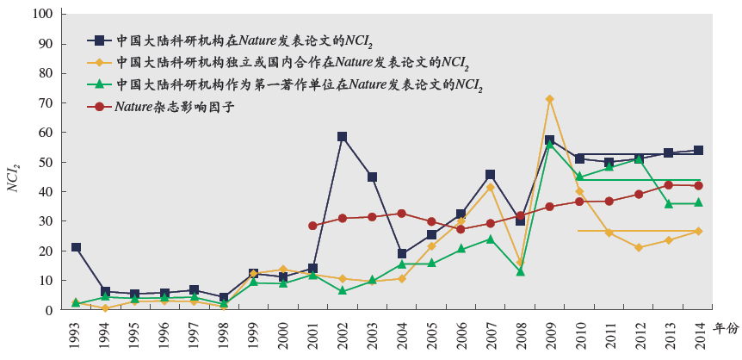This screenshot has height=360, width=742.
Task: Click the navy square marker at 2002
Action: click(x=343, y=137)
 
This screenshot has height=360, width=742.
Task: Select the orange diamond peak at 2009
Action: click(x=549, y=99)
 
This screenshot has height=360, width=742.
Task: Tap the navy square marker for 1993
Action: click(x=77, y=247)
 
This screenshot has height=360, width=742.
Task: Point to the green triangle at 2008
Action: click(x=520, y=271)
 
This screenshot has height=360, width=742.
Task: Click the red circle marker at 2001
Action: click(x=312, y=226)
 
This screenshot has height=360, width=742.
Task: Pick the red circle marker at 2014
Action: click(x=698, y=185)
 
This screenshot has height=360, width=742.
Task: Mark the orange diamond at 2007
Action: click(x=490, y=187)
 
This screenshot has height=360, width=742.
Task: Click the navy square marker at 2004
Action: click(x=402, y=254)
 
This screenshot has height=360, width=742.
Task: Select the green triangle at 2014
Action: click(x=698, y=202)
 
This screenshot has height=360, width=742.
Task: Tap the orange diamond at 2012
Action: click(x=639, y=247)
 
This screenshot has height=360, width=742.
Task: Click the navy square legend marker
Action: click(x=99, y=40)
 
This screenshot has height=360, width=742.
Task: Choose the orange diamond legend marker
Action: click(x=99, y=62)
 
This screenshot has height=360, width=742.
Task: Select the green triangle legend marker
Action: click(x=99, y=84)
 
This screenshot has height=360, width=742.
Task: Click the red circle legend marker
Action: click(x=99, y=107)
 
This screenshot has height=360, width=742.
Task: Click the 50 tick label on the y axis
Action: click(x=48, y=162)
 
